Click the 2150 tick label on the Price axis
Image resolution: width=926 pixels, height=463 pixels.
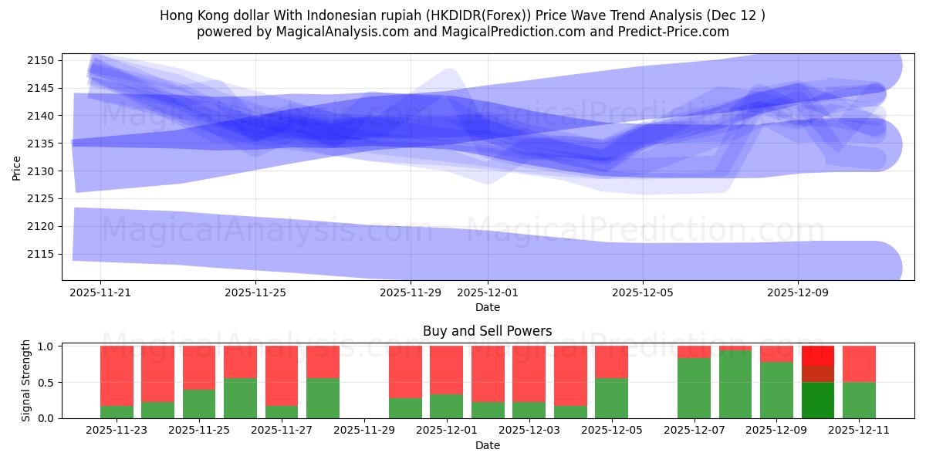click(x=41, y=60)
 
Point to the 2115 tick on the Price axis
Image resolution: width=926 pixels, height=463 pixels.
click(x=41, y=254)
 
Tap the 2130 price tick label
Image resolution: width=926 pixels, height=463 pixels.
click(x=41, y=171)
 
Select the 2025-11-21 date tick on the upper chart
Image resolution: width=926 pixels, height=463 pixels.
click(x=100, y=292)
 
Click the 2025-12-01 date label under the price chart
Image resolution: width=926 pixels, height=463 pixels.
click(x=488, y=292)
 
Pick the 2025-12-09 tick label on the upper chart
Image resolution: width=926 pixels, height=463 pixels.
click(x=797, y=292)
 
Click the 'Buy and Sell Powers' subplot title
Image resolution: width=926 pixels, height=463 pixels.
click(x=487, y=331)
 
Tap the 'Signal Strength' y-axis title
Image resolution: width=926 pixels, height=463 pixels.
click(x=26, y=380)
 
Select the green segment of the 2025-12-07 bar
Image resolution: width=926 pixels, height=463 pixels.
click(x=694, y=388)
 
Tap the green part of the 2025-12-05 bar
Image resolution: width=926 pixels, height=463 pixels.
click(x=611, y=398)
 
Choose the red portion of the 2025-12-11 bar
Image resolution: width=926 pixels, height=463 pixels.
click(x=859, y=364)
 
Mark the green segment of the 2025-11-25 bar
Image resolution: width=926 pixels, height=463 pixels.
click(x=199, y=404)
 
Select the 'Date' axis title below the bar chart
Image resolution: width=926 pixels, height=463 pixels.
click(x=487, y=445)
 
